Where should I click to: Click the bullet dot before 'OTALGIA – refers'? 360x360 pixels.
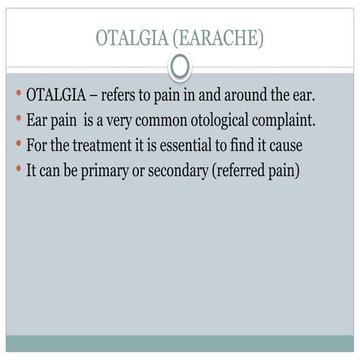pos(17,95)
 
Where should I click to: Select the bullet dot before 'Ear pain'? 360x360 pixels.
pos(17,120)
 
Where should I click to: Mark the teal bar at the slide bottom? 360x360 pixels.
pos(180,343)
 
